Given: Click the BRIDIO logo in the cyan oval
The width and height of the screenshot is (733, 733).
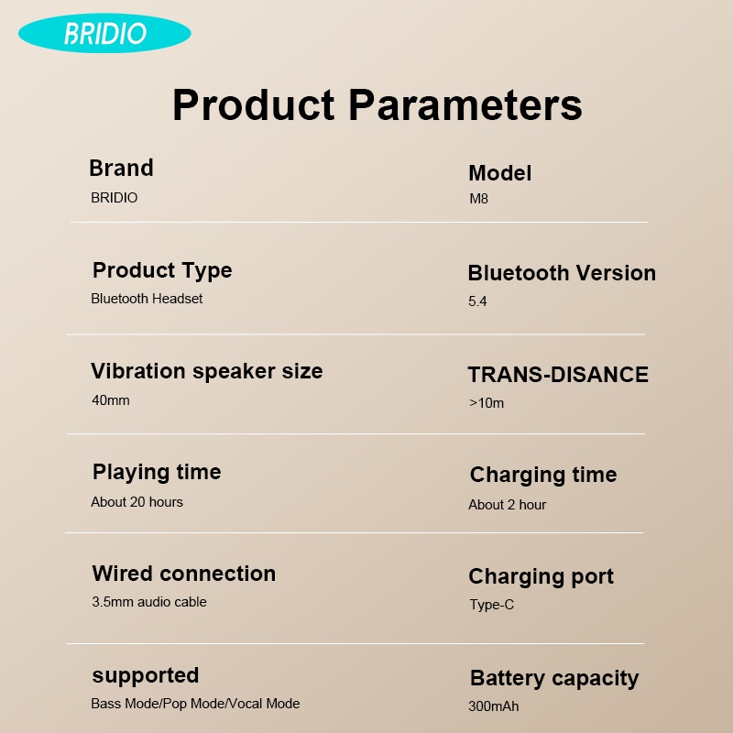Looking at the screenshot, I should coord(104,34).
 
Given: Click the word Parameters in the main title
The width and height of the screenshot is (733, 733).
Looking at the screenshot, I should coord(465,104).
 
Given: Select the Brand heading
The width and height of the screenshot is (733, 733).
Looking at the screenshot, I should coord(121,169).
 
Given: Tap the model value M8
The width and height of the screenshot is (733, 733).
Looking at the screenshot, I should coord(478,199).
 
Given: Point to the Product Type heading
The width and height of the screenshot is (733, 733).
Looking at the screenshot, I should coord(162,270).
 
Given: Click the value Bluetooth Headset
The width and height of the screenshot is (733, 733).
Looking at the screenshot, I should coord(147,299).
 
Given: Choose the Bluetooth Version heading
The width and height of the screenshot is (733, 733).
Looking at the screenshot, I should coord(562,273).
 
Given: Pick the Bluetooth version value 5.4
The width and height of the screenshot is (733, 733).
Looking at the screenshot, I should coord(477,301).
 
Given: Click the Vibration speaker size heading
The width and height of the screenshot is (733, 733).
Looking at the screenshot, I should coord(207,371).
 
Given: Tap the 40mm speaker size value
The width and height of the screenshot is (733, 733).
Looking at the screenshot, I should coord(111,400).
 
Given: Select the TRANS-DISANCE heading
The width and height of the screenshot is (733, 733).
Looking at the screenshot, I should coord(558,375).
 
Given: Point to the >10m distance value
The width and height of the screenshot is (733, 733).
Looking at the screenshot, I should coord(486,403).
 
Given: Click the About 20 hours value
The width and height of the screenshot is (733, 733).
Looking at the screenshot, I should coord(137,502).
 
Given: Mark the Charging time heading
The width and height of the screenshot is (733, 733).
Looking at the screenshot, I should coord(543,475).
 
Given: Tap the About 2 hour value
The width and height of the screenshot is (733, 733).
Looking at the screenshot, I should coord(507,505).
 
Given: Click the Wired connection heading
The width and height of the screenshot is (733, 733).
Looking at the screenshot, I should coord(184,574).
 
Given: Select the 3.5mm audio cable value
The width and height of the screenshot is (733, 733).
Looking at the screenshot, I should coord(148,602).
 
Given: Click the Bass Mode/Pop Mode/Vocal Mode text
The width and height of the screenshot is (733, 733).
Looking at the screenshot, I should coord(195,704).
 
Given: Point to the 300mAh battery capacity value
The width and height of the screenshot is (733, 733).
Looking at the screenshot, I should coord(493,706).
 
